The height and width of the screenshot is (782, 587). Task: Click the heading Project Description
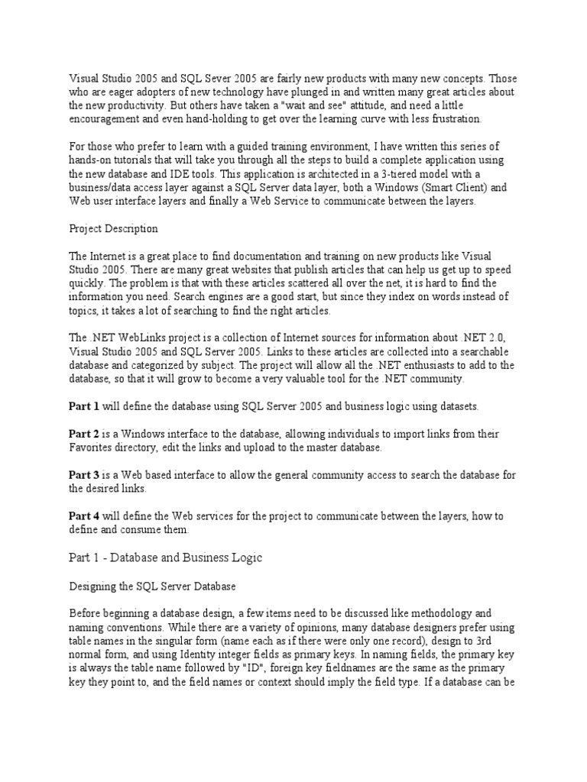(113, 228)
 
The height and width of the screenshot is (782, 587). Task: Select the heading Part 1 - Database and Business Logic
(165, 557)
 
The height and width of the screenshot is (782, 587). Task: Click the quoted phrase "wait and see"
(332, 105)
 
